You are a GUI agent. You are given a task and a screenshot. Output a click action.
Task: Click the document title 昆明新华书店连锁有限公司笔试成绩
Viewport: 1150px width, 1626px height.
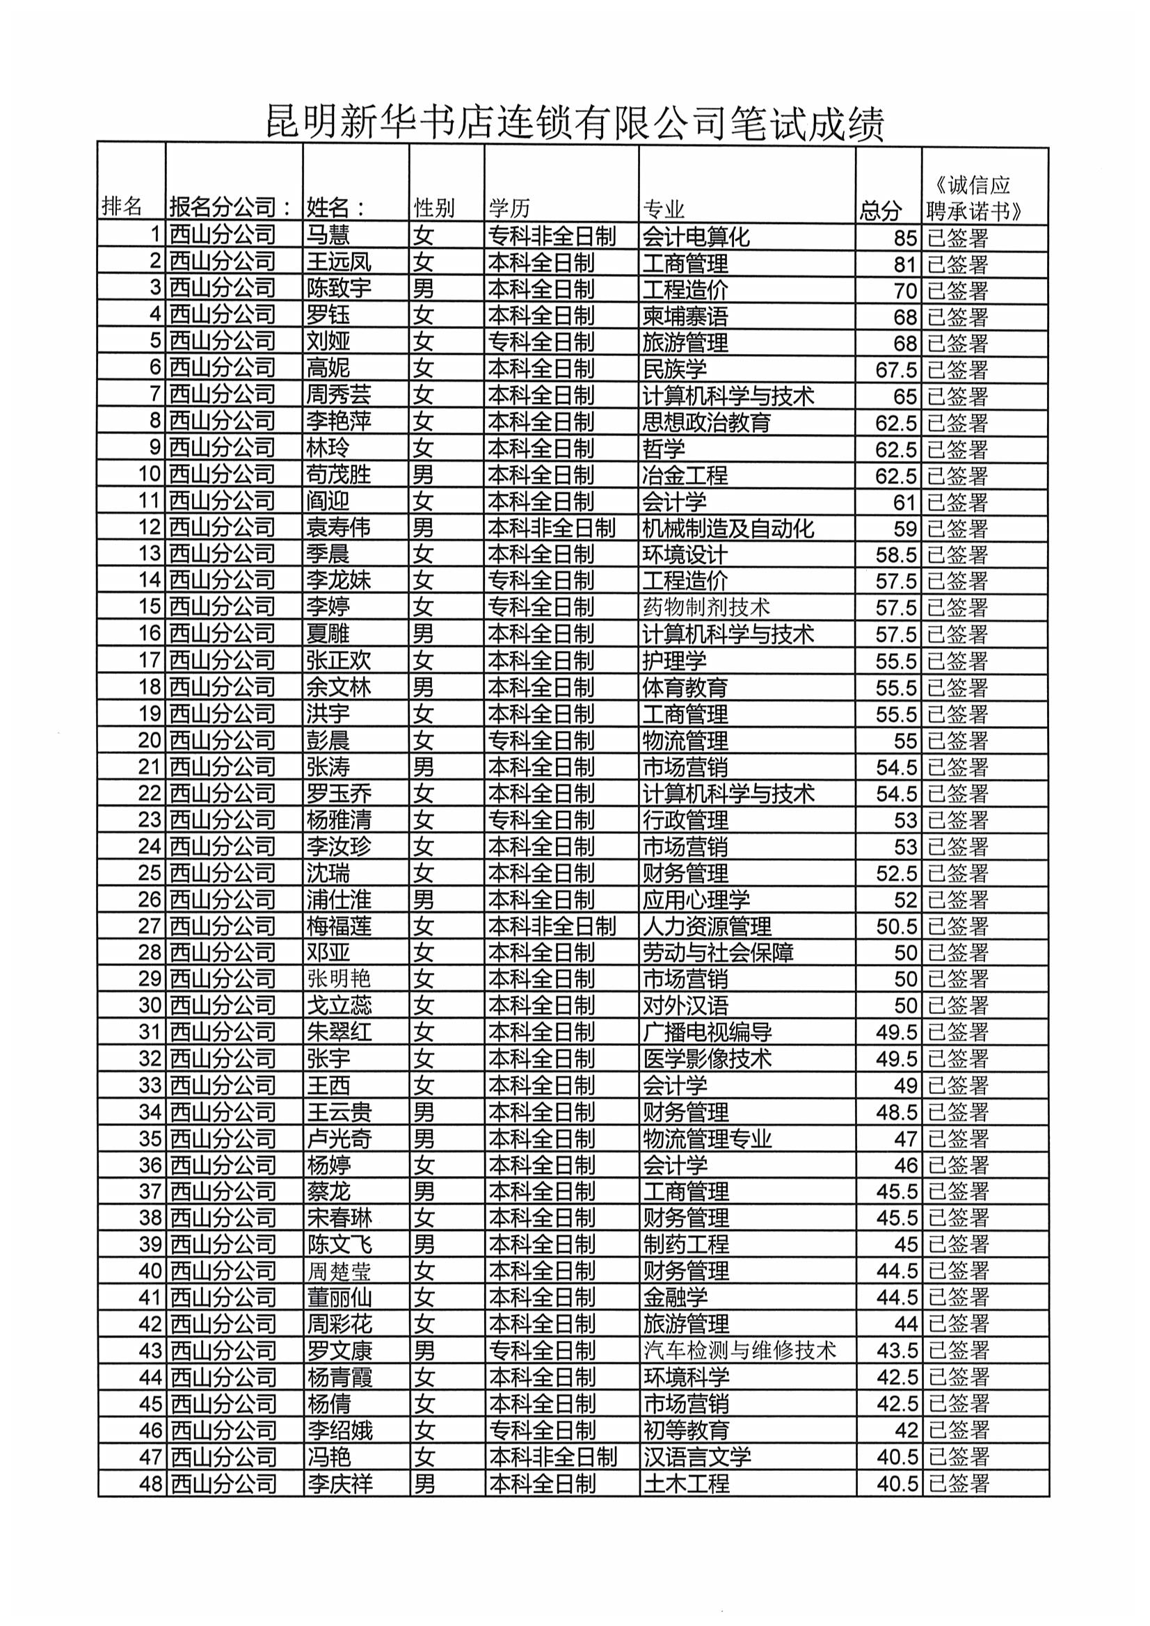tap(575, 122)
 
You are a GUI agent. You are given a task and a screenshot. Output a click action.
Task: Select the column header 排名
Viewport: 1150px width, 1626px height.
tap(122, 206)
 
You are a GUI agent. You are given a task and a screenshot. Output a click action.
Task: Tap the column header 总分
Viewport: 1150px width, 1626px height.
tap(880, 209)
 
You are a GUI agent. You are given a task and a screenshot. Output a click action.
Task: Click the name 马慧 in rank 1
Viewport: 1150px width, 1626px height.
tap(328, 236)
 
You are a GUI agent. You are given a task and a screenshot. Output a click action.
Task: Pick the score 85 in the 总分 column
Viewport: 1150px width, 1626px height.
tap(905, 238)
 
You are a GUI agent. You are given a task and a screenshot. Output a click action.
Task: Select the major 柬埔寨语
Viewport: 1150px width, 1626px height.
tap(685, 316)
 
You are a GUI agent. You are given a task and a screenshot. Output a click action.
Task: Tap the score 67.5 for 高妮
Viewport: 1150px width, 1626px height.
tap(895, 370)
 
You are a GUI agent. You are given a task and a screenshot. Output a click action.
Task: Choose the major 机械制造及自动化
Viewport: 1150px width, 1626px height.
tap(728, 529)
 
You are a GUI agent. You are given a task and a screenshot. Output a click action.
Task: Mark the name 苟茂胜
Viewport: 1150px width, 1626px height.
tap(339, 474)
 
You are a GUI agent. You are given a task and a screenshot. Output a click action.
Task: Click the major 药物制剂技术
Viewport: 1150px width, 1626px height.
tap(705, 607)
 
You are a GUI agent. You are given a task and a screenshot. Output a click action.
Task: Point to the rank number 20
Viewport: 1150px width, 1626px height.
tap(150, 740)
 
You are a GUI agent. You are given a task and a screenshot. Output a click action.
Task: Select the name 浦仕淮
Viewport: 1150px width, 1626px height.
tap(339, 899)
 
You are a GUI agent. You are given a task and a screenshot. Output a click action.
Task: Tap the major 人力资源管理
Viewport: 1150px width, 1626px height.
tap(706, 926)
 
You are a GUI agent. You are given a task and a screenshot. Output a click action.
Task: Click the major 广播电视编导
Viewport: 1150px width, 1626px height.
tap(706, 1032)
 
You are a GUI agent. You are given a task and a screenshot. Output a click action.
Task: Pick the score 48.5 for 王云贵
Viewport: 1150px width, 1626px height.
tap(896, 1112)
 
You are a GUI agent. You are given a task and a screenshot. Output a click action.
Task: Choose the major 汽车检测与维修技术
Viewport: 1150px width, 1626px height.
tap(739, 1351)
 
